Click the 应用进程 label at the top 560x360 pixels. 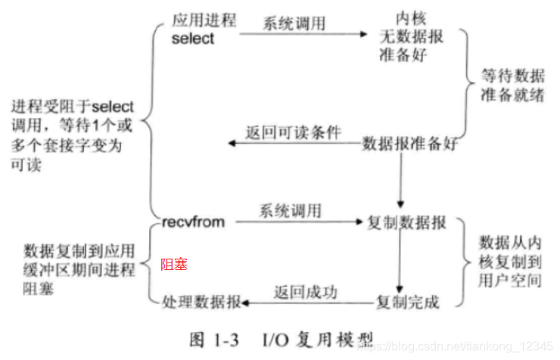[204, 20]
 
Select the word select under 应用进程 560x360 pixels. [194, 39]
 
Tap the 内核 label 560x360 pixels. [409, 17]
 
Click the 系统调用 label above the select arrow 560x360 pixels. [294, 23]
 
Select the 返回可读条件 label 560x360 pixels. [292, 132]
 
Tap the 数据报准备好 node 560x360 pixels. [408, 142]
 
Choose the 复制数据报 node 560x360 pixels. [406, 223]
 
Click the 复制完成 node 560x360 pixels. [408, 303]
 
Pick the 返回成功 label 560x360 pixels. [306, 291]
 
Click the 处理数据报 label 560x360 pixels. [201, 303]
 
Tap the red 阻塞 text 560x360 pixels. [173, 264]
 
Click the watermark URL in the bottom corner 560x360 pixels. [454, 347]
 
